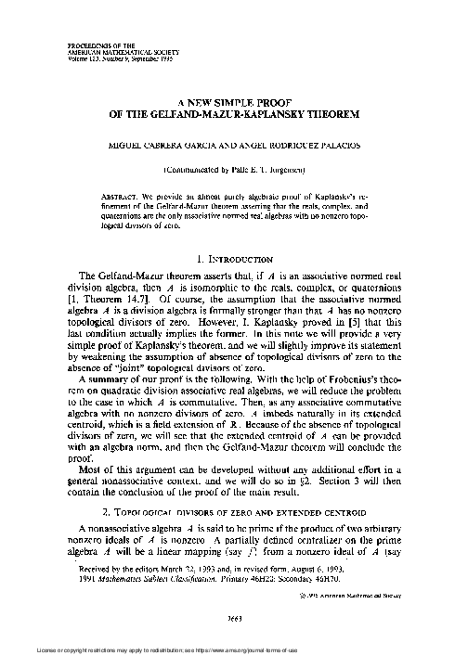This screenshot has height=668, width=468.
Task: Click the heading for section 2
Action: tap(232, 509)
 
